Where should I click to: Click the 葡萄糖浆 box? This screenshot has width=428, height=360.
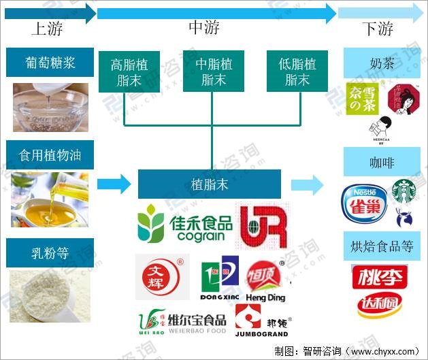pos(50,63)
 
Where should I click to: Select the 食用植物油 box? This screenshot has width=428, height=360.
pos(50,155)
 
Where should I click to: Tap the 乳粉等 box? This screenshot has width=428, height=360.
pos(50,252)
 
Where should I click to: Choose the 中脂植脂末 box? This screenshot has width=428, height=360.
pos(214,71)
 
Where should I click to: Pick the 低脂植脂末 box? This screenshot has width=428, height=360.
pos(297,71)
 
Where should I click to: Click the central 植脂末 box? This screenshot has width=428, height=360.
pos(210,184)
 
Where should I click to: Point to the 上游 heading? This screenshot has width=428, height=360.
pos(47,29)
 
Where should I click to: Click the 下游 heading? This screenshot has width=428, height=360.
pos(377,29)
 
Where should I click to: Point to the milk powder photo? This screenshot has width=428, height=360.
pos(50,295)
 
